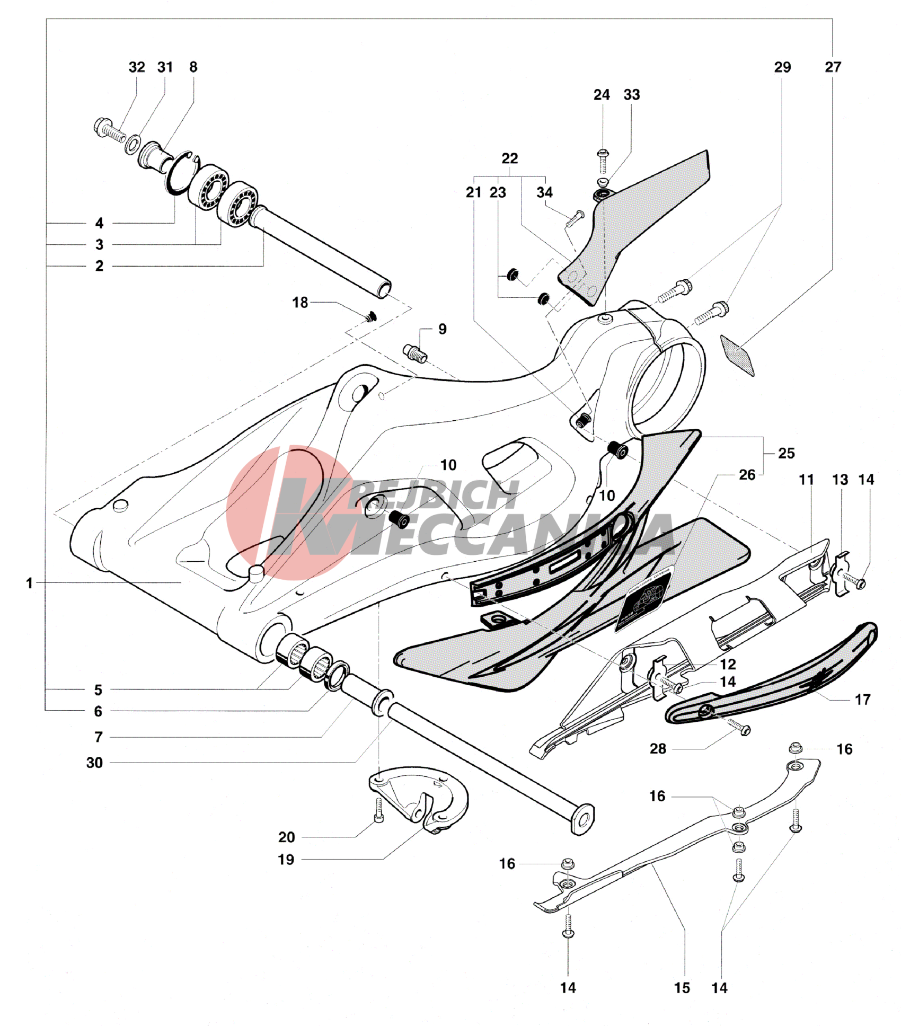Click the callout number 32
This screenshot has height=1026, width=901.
[x=136, y=67]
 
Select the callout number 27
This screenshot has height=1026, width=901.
[x=833, y=67]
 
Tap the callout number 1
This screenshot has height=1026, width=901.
[x=30, y=583]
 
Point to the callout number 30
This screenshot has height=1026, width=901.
[x=94, y=763]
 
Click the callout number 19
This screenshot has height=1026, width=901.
[x=286, y=860]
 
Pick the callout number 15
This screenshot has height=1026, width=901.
[x=682, y=988]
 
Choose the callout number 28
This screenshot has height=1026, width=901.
[x=658, y=749]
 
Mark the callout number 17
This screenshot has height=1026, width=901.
[x=862, y=700]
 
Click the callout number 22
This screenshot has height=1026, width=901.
[x=509, y=158]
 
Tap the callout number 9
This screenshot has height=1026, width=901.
[x=443, y=329]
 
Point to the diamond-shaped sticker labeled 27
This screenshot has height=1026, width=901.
[x=738, y=354]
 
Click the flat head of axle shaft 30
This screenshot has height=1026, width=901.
[x=583, y=820]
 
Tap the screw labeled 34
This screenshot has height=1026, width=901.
[x=574, y=219]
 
